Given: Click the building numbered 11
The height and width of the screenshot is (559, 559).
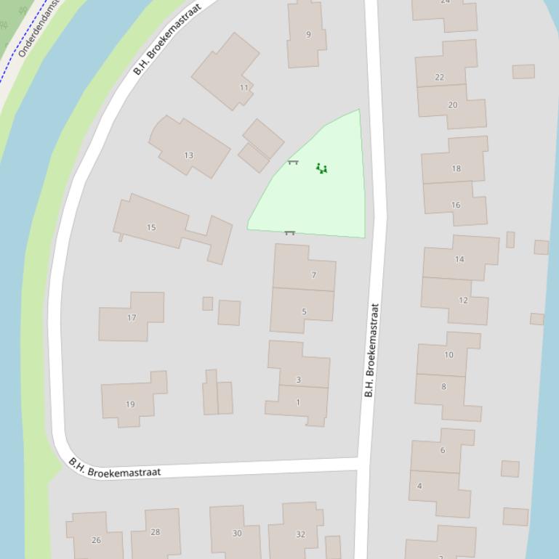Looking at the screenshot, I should (x=244, y=88).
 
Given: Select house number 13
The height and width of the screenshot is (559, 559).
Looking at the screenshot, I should (x=189, y=155).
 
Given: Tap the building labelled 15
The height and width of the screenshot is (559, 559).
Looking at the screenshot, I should (x=151, y=227).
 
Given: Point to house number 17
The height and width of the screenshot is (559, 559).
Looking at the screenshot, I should (x=132, y=317).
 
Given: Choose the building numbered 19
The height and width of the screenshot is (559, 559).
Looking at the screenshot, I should (x=130, y=404).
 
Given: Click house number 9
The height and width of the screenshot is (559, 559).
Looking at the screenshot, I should (x=308, y=34).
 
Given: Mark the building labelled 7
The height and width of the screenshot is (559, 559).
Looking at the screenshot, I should (x=313, y=275).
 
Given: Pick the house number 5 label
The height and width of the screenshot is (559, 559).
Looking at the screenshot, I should (x=304, y=311).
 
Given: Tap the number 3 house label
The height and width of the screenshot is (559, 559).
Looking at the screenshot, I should (x=298, y=380).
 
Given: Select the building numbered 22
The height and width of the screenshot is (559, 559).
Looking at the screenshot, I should (x=439, y=77).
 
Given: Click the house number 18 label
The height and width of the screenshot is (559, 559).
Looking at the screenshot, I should (x=456, y=168).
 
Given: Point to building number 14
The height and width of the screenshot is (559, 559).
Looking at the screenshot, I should (x=459, y=259).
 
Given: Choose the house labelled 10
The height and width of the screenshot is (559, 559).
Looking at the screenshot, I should (x=449, y=355).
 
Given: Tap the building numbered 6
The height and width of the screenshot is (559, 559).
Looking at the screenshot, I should (x=442, y=450).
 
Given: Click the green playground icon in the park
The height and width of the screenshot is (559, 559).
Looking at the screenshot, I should (x=321, y=168).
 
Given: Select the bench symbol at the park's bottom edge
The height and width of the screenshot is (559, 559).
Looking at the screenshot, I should (x=289, y=233).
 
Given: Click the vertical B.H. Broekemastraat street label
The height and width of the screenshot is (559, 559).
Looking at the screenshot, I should (x=370, y=350).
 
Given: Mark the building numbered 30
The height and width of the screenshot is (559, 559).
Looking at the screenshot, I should (x=236, y=533).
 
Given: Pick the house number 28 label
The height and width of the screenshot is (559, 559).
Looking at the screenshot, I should (x=155, y=532).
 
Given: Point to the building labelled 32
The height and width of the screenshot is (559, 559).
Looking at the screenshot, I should (x=300, y=534).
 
